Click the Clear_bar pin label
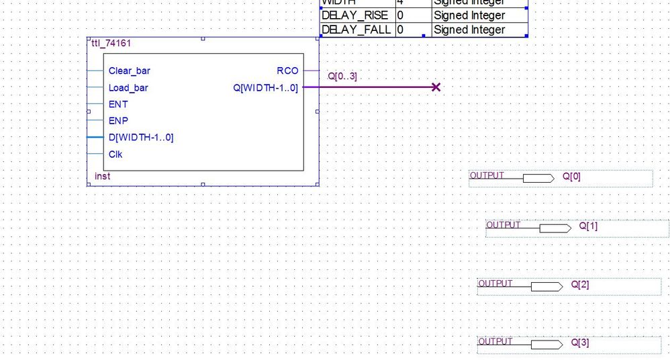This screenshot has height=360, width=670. click(129, 71)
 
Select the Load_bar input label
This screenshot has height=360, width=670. click(128, 87)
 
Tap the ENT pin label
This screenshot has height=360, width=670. click(117, 104)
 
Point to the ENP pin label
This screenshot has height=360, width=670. click(117, 121)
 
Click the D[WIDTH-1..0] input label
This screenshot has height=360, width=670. click(141, 138)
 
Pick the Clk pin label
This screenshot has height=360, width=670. click(115, 154)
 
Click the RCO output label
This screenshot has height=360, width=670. click(287, 71)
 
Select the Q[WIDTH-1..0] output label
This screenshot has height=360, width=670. click(266, 87)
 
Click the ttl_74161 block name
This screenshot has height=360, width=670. click(111, 43)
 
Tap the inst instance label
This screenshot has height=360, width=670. click(102, 177)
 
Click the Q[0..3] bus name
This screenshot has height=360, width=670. click(342, 77)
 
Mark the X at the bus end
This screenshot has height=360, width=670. click(436, 87)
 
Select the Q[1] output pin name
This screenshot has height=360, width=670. click(588, 226)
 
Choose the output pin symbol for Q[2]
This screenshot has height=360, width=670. click(546, 287)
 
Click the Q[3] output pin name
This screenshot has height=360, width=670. click(580, 343)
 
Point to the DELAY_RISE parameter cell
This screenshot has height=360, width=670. click(356, 15)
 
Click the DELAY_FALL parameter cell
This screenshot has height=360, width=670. click(356, 30)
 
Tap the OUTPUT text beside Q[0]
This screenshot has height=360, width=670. click(486, 175)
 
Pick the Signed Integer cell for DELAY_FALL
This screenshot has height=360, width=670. click(469, 30)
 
